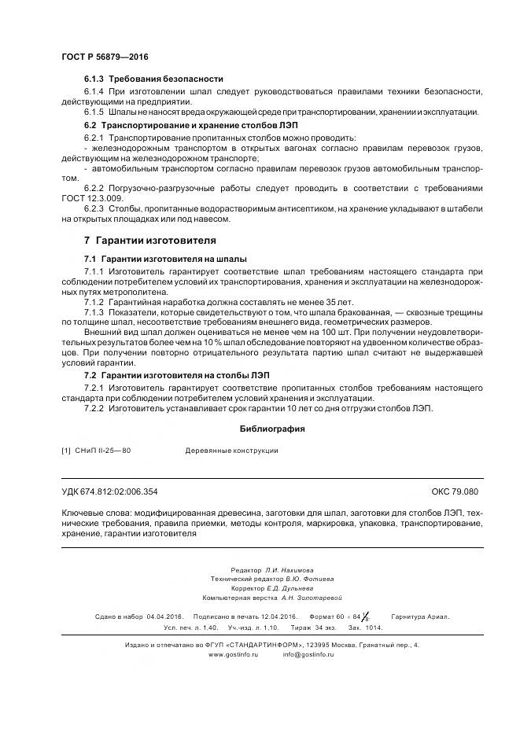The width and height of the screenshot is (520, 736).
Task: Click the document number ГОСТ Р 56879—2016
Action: pyautogui.click(x=105, y=57)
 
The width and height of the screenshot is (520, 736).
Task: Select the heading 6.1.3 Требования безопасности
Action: pyautogui.click(x=153, y=79)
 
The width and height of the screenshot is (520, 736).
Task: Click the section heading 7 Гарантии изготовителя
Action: pyautogui.click(x=149, y=240)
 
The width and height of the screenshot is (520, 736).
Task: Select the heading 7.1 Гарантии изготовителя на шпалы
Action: pyautogui.click(x=165, y=258)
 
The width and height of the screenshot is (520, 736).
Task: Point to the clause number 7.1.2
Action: pyautogui.click(x=94, y=301)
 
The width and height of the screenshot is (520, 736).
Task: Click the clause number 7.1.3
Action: pyautogui.click(x=94, y=312)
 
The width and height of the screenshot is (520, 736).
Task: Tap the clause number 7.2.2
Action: pyautogui.click(x=94, y=408)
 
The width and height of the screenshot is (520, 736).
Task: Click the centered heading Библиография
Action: pyautogui.click(x=271, y=429)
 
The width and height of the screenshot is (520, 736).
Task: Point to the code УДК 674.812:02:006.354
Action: pyautogui.click(x=109, y=491)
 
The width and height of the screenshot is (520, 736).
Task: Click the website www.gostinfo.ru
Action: pyautogui.click(x=233, y=654)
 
